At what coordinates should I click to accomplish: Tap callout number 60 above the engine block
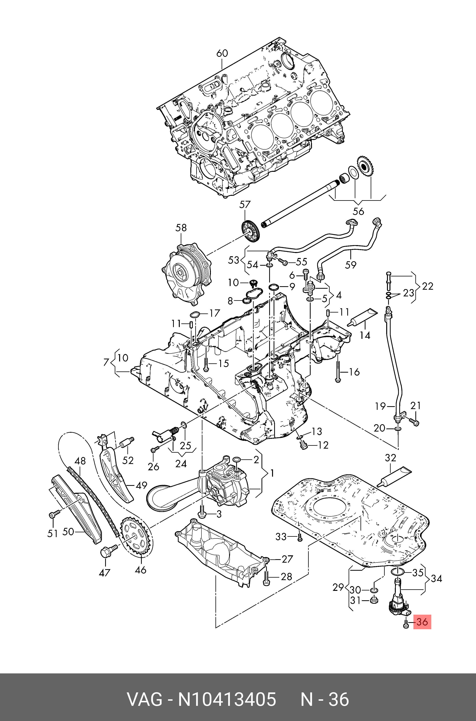[222, 53]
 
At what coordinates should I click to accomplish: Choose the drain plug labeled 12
[303, 445]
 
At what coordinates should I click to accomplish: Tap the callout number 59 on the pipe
[351, 265]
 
